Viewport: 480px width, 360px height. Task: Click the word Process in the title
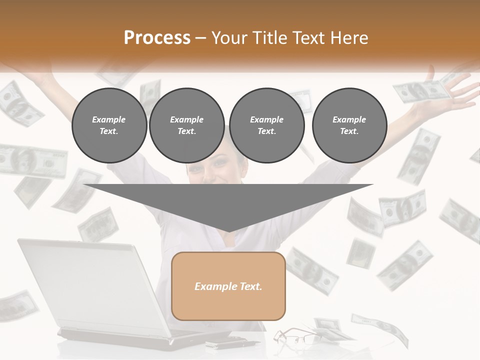[x=157, y=38]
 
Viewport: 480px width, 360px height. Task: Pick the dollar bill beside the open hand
[x=419, y=91]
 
